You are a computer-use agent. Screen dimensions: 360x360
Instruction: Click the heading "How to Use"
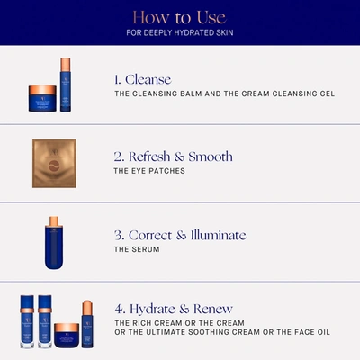tap(180, 17)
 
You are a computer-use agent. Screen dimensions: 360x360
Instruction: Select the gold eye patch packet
tap(55, 163)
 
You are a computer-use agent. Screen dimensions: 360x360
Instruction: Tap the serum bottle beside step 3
tap(54, 239)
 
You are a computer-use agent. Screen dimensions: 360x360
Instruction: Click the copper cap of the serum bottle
tap(54, 221)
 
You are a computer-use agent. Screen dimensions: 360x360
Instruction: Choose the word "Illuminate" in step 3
tap(213, 236)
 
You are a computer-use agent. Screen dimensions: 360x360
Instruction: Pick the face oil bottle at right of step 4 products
tap(87, 325)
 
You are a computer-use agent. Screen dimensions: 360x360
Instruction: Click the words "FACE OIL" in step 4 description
tap(310, 332)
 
